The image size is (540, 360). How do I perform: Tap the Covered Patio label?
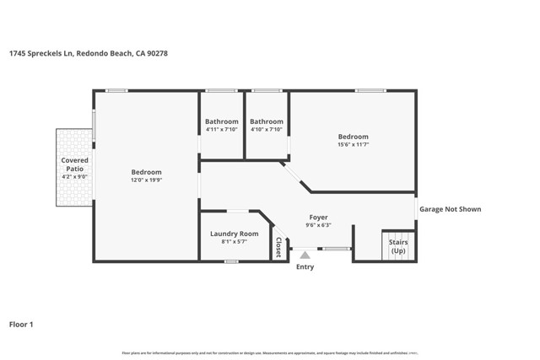[x=74, y=164]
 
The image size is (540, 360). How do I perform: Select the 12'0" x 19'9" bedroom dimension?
[x=145, y=180]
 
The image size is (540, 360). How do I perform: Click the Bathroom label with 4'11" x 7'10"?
[x=221, y=121]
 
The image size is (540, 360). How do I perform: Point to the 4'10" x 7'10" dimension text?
[x=266, y=129]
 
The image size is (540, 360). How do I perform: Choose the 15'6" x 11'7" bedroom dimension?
[x=353, y=145]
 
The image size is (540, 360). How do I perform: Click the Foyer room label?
[x=318, y=217]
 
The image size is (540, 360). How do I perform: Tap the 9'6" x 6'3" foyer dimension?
[x=318, y=225]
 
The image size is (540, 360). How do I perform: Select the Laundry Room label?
[x=234, y=234]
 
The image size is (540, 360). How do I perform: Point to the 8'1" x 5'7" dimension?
[x=234, y=242]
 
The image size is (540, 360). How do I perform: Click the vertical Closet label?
[x=278, y=247]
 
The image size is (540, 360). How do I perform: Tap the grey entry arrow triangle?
[x=305, y=254]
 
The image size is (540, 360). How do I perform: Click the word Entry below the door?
[x=305, y=267]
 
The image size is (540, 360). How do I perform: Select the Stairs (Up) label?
[x=398, y=246]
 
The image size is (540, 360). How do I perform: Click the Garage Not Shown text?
[x=451, y=209]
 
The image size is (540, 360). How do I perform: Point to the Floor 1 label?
[x=23, y=324]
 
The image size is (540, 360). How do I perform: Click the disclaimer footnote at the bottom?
[x=270, y=352]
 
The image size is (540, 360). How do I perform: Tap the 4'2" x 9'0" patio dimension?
[x=74, y=177]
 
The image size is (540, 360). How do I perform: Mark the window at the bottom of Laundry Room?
[x=231, y=261]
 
